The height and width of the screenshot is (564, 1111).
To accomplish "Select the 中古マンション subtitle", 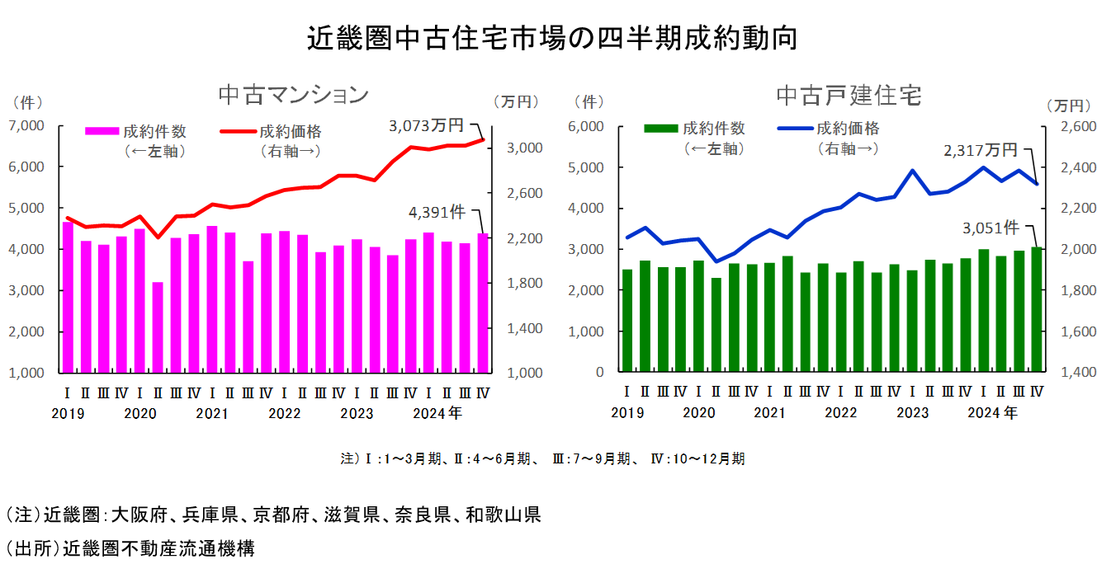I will [293, 95].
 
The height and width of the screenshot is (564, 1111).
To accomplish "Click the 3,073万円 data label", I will [427, 125].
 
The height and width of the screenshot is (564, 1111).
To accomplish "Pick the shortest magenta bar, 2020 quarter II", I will [158, 327].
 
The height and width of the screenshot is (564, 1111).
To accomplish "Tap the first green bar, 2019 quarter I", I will [627, 321].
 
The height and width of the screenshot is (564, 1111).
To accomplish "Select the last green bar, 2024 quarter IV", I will [1037, 309].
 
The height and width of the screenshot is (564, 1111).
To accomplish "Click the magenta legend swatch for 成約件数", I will [102, 130].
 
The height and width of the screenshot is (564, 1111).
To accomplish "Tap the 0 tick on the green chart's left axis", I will [601, 373].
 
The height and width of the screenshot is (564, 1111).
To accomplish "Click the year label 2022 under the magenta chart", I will [284, 413].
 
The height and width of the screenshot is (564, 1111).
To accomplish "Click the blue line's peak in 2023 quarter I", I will [912, 171].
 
